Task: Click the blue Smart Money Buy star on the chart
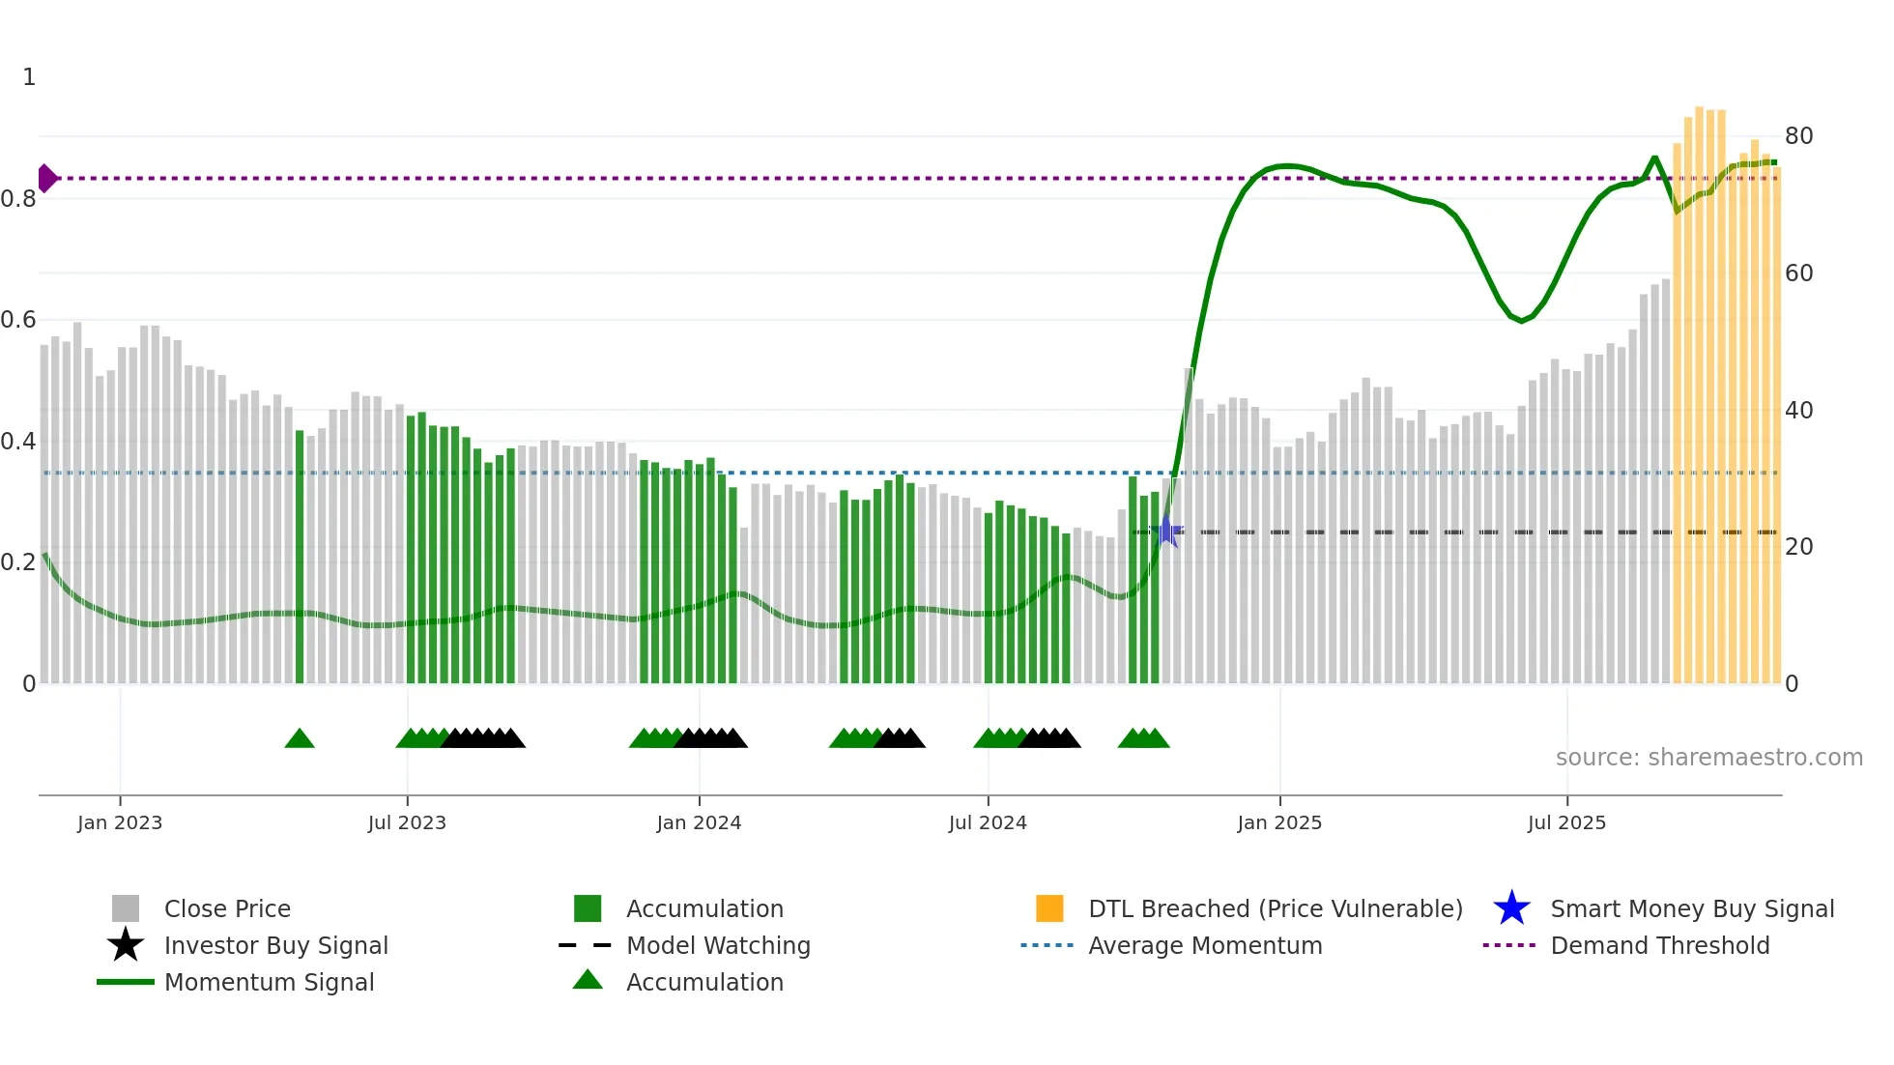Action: coord(1167,532)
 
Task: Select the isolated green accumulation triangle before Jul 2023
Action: coord(300,739)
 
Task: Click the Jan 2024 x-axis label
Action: coord(699,822)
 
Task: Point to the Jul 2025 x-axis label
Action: coord(1566,822)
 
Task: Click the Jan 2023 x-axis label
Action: coord(120,822)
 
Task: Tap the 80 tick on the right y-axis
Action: coord(1798,136)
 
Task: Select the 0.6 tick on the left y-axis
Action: coord(19,320)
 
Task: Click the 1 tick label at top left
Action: coord(29,77)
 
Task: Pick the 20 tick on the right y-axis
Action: coord(1798,547)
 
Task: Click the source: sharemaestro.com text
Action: coord(1708,758)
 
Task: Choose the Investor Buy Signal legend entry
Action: coord(275,945)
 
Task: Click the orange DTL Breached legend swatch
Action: coord(1049,908)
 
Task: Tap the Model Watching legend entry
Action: coord(718,945)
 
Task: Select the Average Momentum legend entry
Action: coord(1205,945)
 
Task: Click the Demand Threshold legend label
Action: coord(1659,945)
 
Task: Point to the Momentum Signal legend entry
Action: coord(269,982)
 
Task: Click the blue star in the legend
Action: coord(1511,908)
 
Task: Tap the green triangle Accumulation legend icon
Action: coord(588,980)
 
